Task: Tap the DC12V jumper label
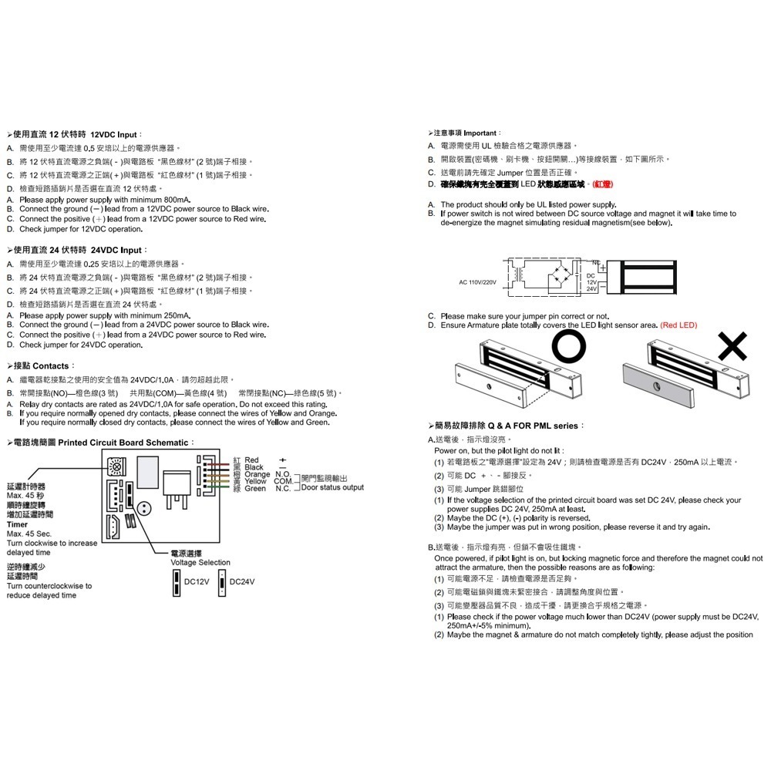pos(196,581)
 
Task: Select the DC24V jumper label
pos(242,581)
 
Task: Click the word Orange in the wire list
pos(258,474)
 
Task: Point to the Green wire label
pos(255,489)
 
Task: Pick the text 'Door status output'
pos(332,487)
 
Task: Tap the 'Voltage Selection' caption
pos(200,563)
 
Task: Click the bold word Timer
pos(16,524)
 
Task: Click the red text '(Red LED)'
pos(678,325)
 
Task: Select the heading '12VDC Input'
pos(117,133)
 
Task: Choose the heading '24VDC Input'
pos(117,251)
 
